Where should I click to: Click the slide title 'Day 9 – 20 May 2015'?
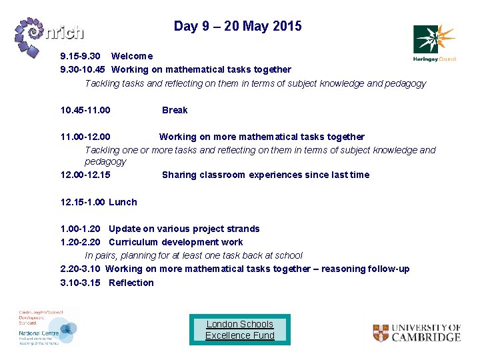(237, 26)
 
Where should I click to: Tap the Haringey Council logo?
(434, 43)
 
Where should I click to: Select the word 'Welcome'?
(132, 56)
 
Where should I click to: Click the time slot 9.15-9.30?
(81, 56)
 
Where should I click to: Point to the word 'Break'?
(175, 110)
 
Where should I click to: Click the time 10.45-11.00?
(86, 110)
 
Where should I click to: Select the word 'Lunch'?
(123, 202)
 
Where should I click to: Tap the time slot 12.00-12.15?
(86, 175)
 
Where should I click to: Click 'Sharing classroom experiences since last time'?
(265, 175)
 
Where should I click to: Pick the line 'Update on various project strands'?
(184, 229)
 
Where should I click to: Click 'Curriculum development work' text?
(175, 242)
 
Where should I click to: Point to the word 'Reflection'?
(131, 283)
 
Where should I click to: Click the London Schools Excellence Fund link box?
(240, 329)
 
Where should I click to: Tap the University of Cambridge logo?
(417, 332)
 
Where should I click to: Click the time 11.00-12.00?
(86, 137)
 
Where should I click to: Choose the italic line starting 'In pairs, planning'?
(193, 255)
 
